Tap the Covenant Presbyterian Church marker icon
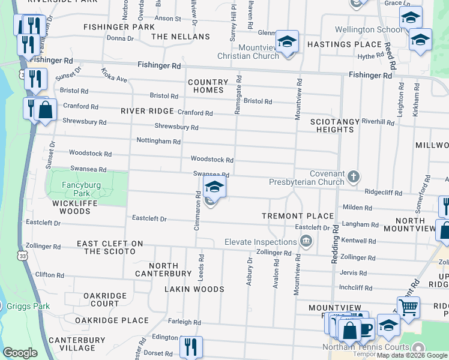click(x=354, y=176)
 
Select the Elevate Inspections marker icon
click(x=306, y=242)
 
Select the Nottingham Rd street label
click(x=158, y=142)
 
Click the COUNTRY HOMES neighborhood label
click(x=208, y=86)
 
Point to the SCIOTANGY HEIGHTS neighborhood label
click(x=335, y=125)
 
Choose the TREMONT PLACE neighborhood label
click(x=298, y=216)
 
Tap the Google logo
click(x=20, y=353)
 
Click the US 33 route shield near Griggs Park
click(x=22, y=256)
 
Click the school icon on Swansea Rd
click(x=214, y=187)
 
